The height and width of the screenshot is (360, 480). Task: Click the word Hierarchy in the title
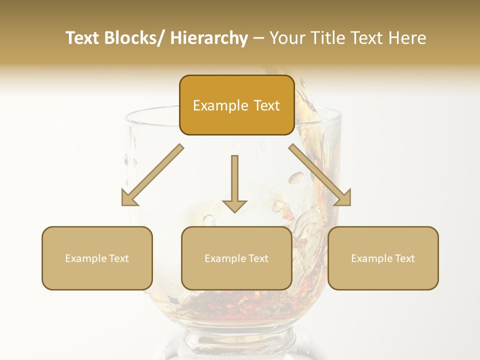point(209,38)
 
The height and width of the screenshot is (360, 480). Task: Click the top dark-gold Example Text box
point(236,105)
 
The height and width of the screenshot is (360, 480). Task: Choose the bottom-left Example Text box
point(97,258)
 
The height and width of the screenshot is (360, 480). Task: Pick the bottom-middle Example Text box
point(236,258)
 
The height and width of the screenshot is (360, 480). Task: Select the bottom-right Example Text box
point(383,258)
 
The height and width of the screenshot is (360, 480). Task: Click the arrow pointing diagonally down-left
point(152,175)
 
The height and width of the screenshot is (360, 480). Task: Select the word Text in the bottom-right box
point(404,258)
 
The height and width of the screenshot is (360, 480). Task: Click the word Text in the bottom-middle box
point(258,258)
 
